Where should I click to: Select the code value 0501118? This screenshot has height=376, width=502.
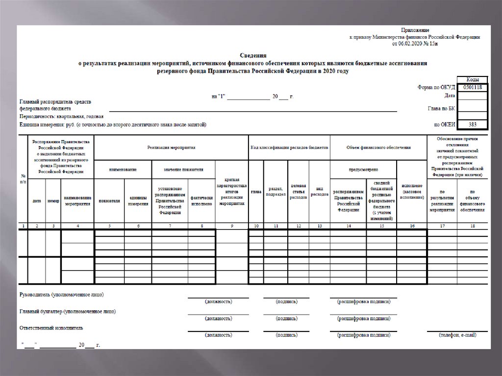pyautogui.click(x=472, y=87)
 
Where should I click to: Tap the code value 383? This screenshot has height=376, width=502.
pyautogui.click(x=472, y=125)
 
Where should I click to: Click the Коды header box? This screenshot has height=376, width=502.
pyautogui.click(x=472, y=79)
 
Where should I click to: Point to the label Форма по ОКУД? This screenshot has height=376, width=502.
pyautogui.click(x=435, y=87)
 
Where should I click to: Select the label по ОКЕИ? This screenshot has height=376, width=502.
pyautogui.click(x=444, y=125)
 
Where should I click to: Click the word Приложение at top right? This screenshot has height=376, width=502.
pyautogui.click(x=415, y=30)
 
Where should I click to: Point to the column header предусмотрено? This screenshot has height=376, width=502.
pyautogui.click(x=363, y=169)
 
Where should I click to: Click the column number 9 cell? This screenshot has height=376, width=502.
pyautogui.click(x=231, y=226)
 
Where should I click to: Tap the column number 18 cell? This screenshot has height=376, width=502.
pyautogui.click(x=473, y=226)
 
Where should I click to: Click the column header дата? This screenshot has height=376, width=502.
pyautogui.click(x=37, y=201)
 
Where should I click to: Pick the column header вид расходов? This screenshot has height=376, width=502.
pyautogui.click(x=320, y=192)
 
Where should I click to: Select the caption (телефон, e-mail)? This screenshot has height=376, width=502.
pyautogui.click(x=458, y=335)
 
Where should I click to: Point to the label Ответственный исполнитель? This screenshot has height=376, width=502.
pyautogui.click(x=51, y=327)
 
